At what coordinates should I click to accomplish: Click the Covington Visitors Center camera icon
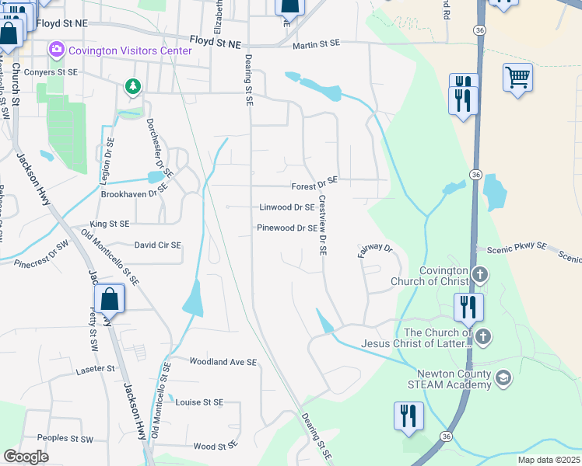[x=56, y=50]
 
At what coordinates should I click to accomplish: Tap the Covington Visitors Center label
[x=129, y=51]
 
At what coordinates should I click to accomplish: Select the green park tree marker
[x=133, y=86]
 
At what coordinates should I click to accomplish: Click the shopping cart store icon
[x=517, y=78]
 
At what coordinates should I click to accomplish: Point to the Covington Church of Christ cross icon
[x=481, y=274]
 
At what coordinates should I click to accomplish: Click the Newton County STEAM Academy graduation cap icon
[x=503, y=378]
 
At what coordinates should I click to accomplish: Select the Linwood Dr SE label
[x=286, y=207]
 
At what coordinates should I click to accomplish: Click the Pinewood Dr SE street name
[x=287, y=228]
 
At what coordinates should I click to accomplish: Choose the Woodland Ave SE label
[x=223, y=362]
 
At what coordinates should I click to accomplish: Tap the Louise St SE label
[x=199, y=402]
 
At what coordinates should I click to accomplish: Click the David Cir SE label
[x=158, y=245]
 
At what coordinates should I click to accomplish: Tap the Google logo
[x=26, y=456]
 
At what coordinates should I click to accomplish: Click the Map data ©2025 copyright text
[x=549, y=460]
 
